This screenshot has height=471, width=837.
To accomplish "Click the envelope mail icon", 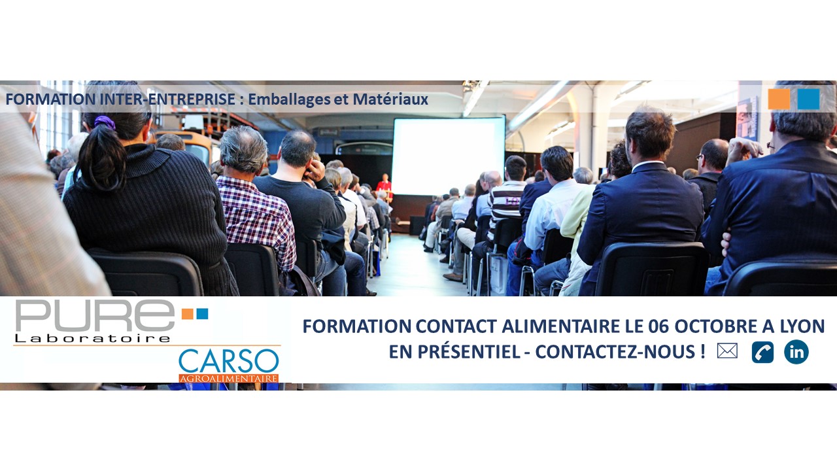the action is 727,351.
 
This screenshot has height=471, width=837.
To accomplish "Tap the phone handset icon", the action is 762,352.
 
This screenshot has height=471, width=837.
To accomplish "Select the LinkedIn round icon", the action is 796,352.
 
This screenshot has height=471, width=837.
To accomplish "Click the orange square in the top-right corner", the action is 779,99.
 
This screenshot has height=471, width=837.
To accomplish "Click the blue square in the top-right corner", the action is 808,99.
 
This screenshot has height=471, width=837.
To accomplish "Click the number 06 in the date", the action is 658,326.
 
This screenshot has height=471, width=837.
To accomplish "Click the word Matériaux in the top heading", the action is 390,99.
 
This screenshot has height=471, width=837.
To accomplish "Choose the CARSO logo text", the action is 229,361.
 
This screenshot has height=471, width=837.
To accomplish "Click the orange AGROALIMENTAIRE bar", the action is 229,378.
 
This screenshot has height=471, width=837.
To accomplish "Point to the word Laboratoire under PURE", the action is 92,339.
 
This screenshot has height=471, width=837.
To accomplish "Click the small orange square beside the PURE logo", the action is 187,314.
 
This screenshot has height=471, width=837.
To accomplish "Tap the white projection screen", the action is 449,156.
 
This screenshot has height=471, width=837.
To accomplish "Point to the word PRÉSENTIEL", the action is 469,351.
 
